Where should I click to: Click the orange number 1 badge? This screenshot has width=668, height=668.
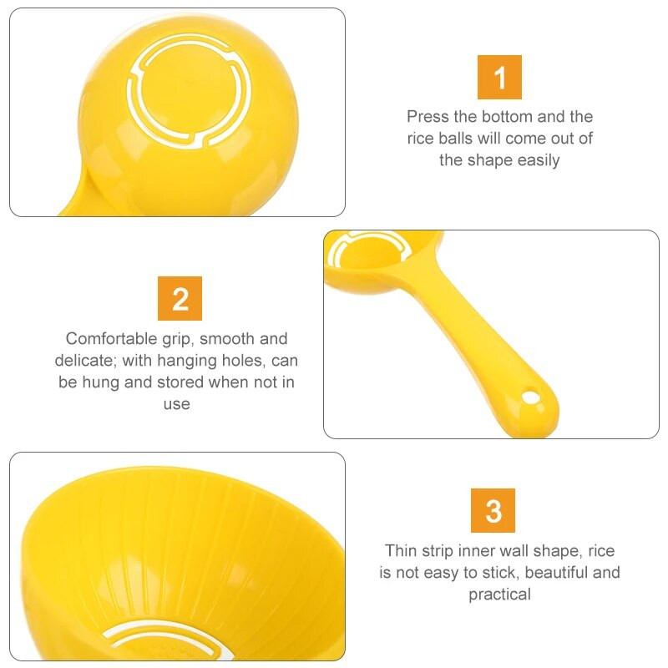point(499,77)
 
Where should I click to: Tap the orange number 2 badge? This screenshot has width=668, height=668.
point(180,298)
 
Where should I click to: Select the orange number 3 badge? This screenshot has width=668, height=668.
point(493,510)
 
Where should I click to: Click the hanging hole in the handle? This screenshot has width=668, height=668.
point(529,397)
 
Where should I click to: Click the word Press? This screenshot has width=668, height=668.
point(428,116)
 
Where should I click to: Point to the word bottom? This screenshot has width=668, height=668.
point(507,116)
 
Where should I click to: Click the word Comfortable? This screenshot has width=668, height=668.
point(112,339)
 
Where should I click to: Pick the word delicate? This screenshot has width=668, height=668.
point(83,361)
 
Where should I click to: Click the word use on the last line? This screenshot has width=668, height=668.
point(177,404)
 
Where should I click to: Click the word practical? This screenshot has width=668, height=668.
point(499,595)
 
